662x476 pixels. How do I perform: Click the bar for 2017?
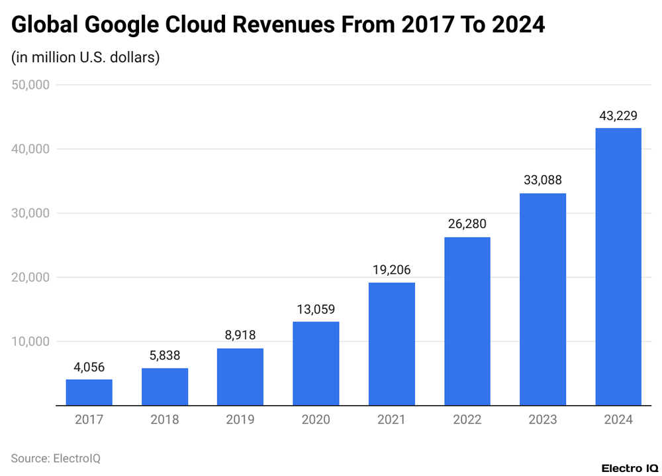click(89, 392)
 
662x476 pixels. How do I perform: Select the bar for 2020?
click(316, 363)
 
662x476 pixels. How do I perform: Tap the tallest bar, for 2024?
click(618, 267)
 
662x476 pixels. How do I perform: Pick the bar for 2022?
click(467, 321)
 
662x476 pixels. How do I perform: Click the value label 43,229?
click(618, 115)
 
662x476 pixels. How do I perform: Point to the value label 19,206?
click(391, 270)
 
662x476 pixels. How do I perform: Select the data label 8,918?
click(240, 335)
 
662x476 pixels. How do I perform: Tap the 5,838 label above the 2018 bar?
click(165, 355)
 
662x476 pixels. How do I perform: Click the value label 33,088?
click(543, 180)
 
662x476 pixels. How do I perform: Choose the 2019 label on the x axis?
click(240, 420)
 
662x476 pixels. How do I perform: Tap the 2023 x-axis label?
click(543, 420)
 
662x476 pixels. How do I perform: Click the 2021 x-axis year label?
click(391, 420)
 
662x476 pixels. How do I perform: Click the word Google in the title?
click(124, 25)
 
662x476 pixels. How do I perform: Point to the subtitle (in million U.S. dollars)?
click(85, 58)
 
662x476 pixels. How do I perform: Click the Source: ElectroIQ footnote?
click(56, 458)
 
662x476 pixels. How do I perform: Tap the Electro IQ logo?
click(629, 468)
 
